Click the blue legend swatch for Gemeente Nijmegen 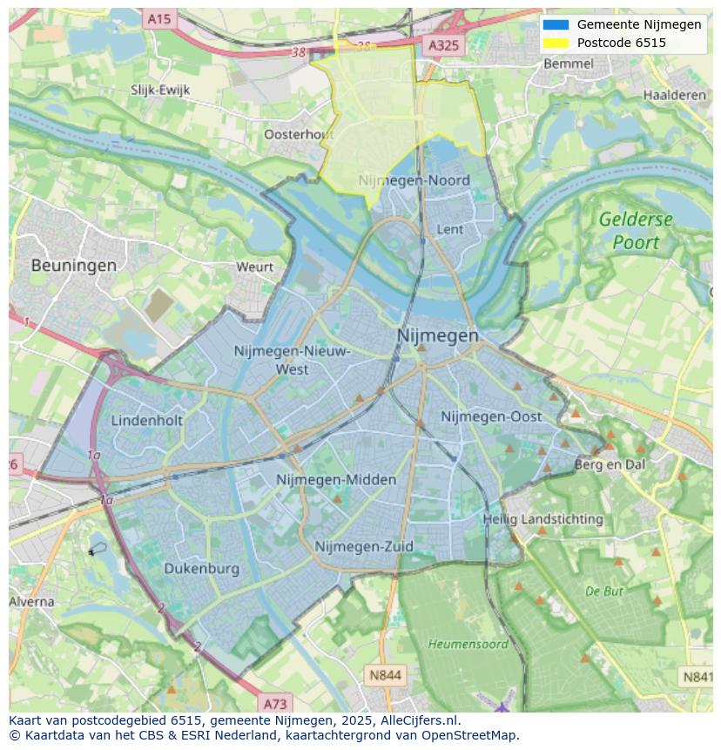[x=555, y=24]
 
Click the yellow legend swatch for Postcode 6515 [x=555, y=43]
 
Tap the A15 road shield [x=159, y=18]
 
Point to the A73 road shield [x=273, y=703]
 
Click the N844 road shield [x=385, y=674]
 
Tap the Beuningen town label [x=73, y=266]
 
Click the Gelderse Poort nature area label [x=636, y=231]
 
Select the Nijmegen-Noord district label [x=414, y=180]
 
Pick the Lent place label [x=449, y=229]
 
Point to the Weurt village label [x=254, y=267]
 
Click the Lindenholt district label [x=147, y=420]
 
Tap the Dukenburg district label [x=201, y=569]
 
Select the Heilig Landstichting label [x=542, y=519]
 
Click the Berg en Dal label [x=610, y=464]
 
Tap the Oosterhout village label [x=299, y=134]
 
